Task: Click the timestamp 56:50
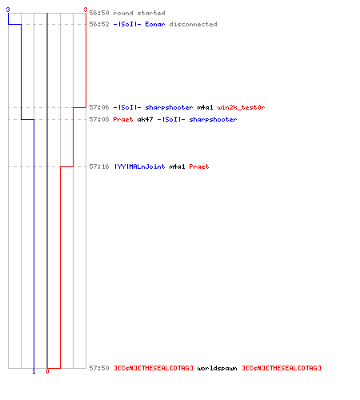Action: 99,13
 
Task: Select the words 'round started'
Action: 139,13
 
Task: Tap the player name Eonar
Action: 155,24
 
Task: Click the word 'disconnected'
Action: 193,24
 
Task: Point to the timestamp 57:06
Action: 99,107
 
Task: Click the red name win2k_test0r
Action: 241,107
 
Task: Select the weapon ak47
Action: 146,119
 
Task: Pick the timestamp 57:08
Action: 99,119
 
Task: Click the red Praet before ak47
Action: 123,119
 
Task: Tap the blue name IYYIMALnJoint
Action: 139,166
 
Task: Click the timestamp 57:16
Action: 99,166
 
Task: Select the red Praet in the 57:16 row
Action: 199,166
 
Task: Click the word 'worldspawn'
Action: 217,368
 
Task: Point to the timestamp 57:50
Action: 99,368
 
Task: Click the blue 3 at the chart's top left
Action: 8,10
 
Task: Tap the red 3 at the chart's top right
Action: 86,10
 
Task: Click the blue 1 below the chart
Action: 34,371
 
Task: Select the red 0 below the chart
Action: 47,371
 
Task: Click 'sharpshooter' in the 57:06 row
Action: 169,107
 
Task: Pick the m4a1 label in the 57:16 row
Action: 177,166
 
